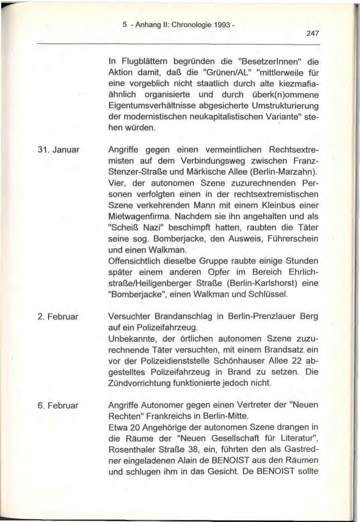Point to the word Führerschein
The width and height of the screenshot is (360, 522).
pos(294,248)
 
